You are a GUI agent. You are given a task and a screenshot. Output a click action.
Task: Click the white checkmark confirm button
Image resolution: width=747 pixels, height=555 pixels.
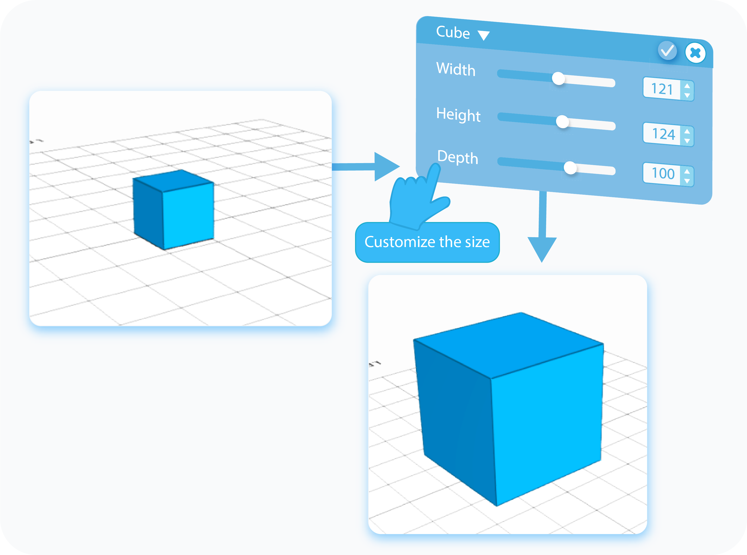(x=667, y=51)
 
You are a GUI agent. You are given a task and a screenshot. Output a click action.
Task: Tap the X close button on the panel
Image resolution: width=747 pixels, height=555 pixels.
(x=695, y=53)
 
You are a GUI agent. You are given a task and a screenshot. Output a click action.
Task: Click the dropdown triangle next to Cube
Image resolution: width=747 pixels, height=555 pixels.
(x=484, y=35)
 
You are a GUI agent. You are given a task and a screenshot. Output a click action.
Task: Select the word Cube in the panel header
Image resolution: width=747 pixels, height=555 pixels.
(x=453, y=33)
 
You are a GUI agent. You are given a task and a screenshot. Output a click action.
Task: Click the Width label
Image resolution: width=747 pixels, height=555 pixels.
(x=456, y=69)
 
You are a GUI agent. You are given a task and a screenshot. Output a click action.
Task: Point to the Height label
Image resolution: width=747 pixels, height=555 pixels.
(x=458, y=115)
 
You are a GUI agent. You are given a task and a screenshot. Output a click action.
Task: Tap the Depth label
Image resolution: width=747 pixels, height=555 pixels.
(x=458, y=157)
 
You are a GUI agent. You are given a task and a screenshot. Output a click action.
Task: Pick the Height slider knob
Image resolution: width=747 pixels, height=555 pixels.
(x=562, y=122)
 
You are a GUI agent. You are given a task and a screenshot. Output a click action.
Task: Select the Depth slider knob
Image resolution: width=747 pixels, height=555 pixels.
(x=570, y=168)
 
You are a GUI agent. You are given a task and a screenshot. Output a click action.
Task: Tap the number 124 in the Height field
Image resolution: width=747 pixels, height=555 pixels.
(x=663, y=134)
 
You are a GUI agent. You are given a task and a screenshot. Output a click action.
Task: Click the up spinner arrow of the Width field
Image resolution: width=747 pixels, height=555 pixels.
(x=687, y=86)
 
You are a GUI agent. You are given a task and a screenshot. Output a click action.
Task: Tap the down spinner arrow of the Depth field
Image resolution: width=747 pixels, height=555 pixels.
(x=687, y=181)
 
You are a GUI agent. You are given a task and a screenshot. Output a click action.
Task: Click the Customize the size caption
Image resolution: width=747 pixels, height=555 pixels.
(x=427, y=242)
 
